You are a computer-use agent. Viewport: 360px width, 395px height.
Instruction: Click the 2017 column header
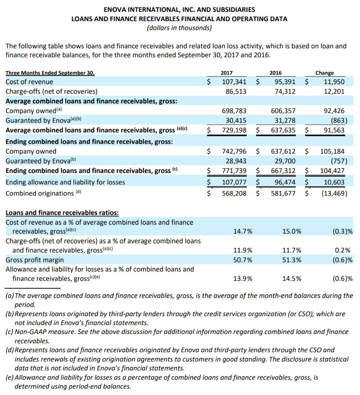pos(227,73)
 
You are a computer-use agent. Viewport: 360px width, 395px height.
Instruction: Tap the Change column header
pos(324,73)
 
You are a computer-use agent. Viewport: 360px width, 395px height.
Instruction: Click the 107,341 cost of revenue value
pos(234,82)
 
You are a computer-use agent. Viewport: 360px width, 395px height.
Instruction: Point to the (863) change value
pos(337,120)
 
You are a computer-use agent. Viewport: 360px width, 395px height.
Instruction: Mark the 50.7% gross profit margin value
pos(243,260)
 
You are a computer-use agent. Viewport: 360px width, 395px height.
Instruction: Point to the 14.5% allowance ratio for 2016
pos(292,279)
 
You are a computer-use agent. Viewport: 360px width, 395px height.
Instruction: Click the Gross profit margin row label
pos(35,260)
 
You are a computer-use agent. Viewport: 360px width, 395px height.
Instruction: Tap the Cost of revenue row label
pos(29,82)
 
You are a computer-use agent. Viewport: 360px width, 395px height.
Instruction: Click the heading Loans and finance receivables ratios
pos(62,213)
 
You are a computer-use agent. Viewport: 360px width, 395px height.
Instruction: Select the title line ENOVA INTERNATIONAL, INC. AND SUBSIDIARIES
pos(179,10)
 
